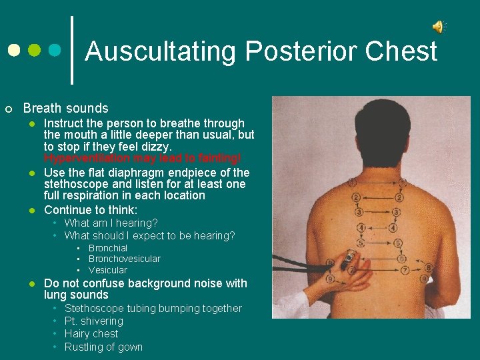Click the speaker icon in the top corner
438,27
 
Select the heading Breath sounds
65,108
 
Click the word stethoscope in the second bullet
75,184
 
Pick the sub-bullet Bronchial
108,248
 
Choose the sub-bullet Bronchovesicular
125,259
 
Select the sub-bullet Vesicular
108,270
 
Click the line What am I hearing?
111,223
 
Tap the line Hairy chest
91,333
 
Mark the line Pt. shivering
94,321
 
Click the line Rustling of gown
103,347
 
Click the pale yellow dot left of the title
14,51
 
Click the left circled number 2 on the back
356,197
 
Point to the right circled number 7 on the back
407,270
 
